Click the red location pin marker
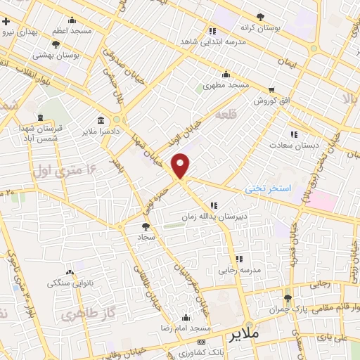(x=181, y=165)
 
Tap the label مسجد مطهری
(x=226, y=85)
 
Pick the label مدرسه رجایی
(x=239, y=270)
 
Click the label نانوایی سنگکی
(x=69, y=283)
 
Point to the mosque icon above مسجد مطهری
(x=226, y=75)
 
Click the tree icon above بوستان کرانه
(x=261, y=16)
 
